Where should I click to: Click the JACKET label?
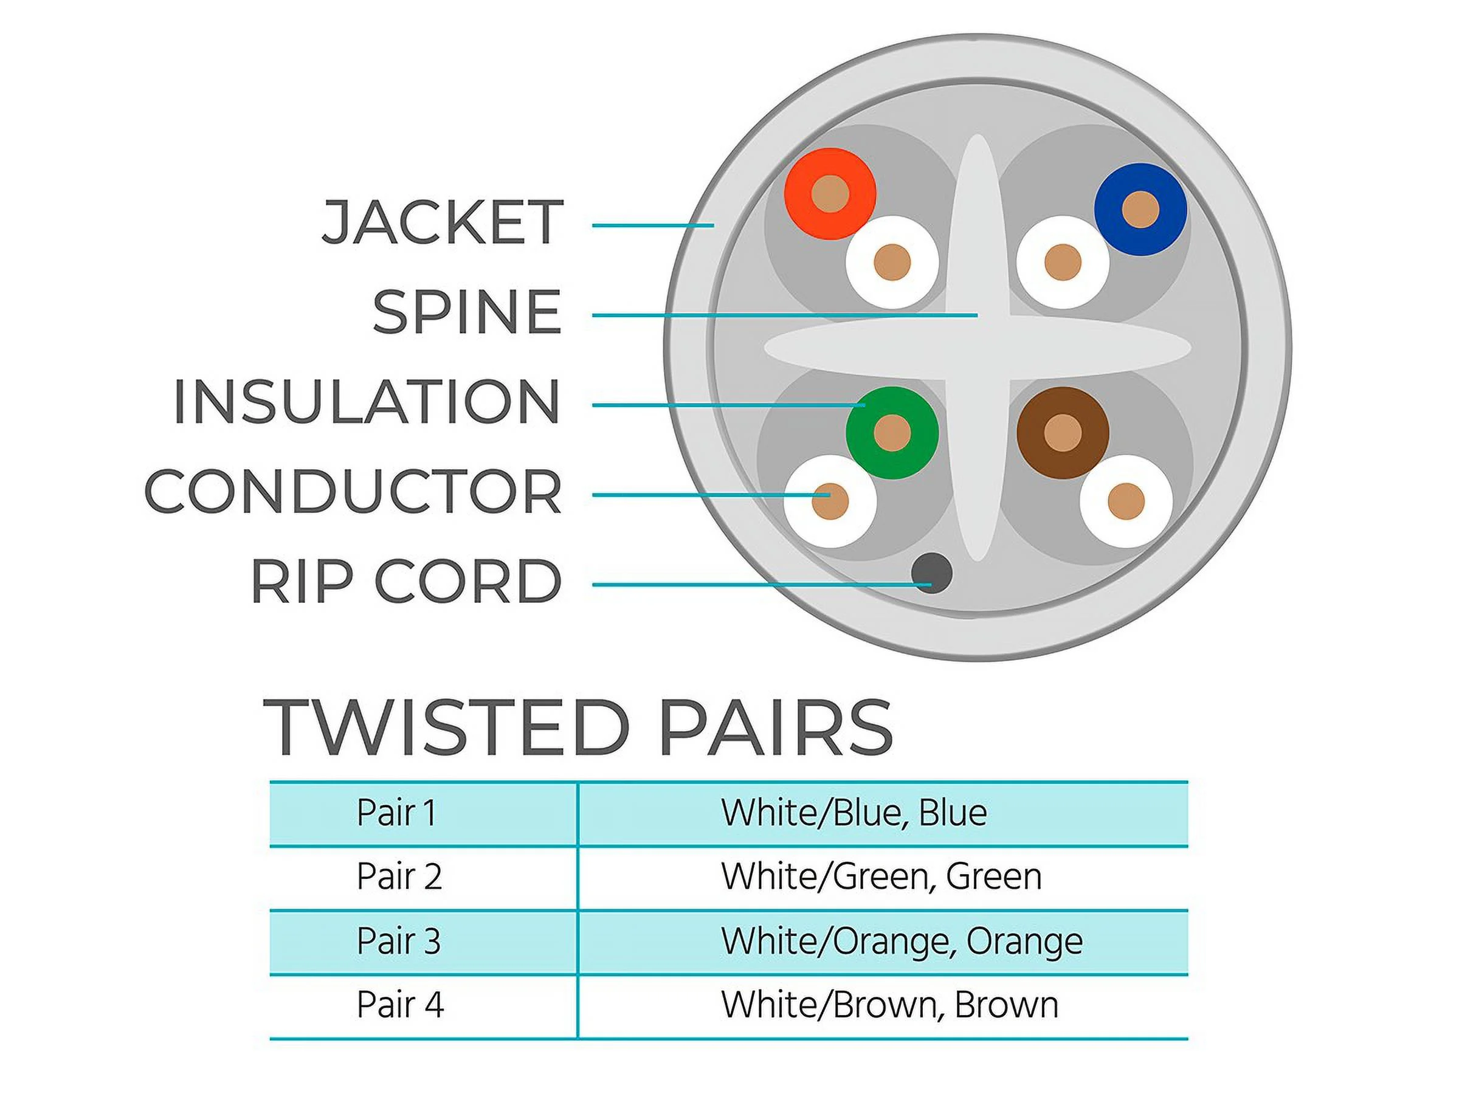[x=442, y=223]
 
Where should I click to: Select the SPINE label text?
[x=467, y=312]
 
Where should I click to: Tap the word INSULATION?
[x=367, y=402]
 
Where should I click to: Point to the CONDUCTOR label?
[x=353, y=492]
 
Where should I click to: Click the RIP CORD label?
[x=405, y=582]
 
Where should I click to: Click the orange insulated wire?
[x=830, y=194]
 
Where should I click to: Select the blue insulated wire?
[x=1140, y=209]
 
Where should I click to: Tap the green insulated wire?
[x=892, y=433]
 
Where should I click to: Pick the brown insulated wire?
[x=1063, y=433]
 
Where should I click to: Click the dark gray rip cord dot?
[x=931, y=573]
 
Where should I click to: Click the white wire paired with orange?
[x=892, y=263]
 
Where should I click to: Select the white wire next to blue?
[x=1063, y=263]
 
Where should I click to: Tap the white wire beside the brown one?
[x=1126, y=501]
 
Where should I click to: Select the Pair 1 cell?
[x=396, y=813]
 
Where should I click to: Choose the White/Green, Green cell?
[x=881, y=876]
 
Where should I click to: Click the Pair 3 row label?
[x=398, y=941]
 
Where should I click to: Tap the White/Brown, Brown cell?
[x=890, y=1005]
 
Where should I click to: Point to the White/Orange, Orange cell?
[x=902, y=941]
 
